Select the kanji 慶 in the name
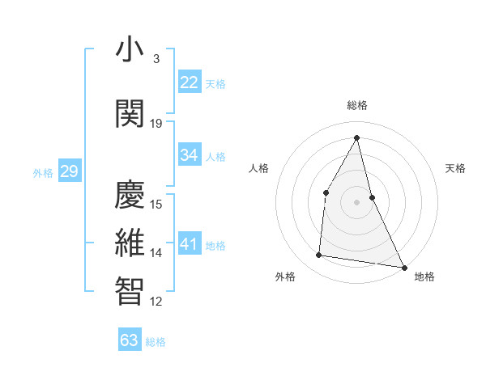point(130,195)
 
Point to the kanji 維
point(130,243)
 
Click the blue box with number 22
point(190,82)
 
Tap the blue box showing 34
point(190,155)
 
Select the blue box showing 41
point(190,244)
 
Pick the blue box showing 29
point(69,171)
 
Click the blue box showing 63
point(130,340)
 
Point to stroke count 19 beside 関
point(156,124)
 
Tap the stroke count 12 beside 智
point(156,302)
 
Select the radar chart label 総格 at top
point(357,106)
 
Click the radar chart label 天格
point(455,168)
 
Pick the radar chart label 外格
point(285,277)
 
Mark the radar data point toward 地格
point(403,267)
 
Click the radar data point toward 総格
point(357,137)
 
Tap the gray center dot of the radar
point(357,201)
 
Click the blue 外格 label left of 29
point(43,172)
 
